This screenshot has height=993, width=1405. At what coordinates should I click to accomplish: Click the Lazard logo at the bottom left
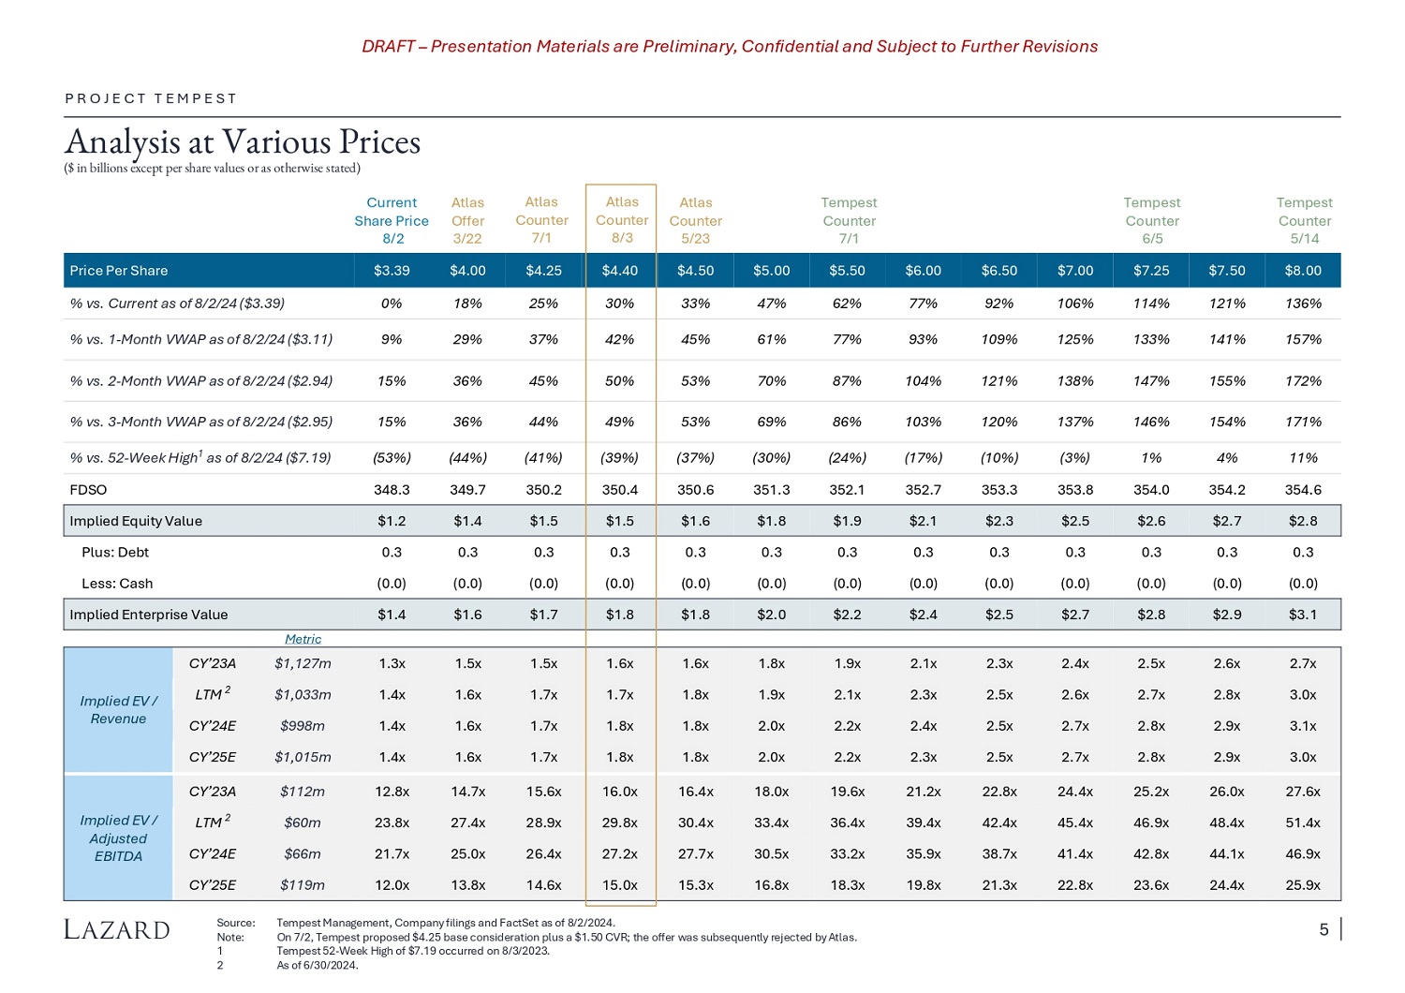(117, 929)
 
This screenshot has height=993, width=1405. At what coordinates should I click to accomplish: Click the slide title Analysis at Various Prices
(243, 142)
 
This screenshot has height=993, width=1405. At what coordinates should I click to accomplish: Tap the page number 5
(1324, 929)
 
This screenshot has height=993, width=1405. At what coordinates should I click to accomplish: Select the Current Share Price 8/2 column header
(392, 221)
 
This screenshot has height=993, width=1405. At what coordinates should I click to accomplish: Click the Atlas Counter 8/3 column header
(622, 220)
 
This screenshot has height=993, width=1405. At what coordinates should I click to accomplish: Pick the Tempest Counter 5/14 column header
(1304, 221)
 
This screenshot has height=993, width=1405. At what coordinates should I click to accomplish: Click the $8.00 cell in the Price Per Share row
(1303, 271)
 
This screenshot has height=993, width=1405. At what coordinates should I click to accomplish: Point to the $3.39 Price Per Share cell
(392, 271)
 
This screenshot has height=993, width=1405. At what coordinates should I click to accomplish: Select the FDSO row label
(89, 490)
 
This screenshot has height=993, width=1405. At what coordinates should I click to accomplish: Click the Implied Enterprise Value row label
(149, 615)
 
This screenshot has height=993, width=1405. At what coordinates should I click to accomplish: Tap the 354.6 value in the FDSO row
(1303, 490)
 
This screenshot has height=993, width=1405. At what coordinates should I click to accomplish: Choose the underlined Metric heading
(303, 639)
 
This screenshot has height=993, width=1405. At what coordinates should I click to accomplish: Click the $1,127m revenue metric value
(303, 664)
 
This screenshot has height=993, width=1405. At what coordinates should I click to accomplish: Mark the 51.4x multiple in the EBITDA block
(1303, 823)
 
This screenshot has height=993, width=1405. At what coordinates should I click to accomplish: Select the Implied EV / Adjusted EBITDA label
(119, 837)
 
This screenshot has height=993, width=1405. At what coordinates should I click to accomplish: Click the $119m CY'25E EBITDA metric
(303, 885)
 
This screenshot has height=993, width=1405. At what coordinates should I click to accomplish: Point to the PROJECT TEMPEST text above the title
(151, 98)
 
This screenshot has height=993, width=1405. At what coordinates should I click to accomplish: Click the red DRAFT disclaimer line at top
(730, 47)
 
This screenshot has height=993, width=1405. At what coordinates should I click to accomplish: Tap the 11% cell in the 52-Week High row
(1303, 458)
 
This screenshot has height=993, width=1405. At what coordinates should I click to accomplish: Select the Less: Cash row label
(117, 584)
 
